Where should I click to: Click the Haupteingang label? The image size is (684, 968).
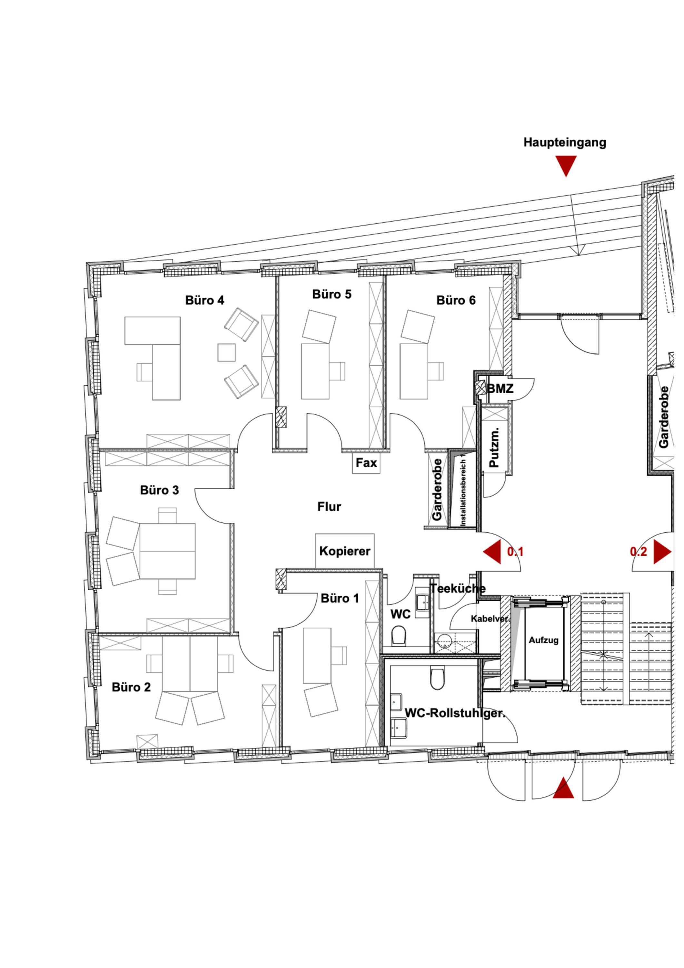(565, 143)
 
